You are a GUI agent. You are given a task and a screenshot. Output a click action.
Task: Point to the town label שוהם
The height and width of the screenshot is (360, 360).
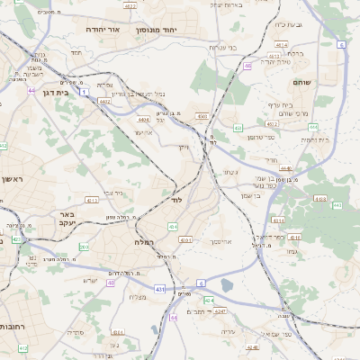(301, 82)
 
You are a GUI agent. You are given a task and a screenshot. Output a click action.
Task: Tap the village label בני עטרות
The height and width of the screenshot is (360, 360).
(222, 47)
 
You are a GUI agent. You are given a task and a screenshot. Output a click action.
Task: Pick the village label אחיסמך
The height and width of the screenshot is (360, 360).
(222, 242)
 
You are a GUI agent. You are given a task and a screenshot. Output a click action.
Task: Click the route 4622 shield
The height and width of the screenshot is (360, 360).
(130, 5)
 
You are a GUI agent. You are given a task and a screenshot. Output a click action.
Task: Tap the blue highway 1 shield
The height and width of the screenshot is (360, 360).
(84, 91)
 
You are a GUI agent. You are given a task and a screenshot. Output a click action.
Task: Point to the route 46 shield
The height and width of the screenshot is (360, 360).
(247, 66)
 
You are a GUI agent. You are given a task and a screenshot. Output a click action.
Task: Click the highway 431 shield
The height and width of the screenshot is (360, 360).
(159, 289)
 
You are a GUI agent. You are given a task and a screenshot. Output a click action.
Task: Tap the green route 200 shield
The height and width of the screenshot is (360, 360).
(84, 246)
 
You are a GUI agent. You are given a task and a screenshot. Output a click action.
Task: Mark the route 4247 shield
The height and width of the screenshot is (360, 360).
(220, 310)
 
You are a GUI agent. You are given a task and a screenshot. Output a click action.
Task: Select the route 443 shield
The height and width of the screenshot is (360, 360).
(238, 129)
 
